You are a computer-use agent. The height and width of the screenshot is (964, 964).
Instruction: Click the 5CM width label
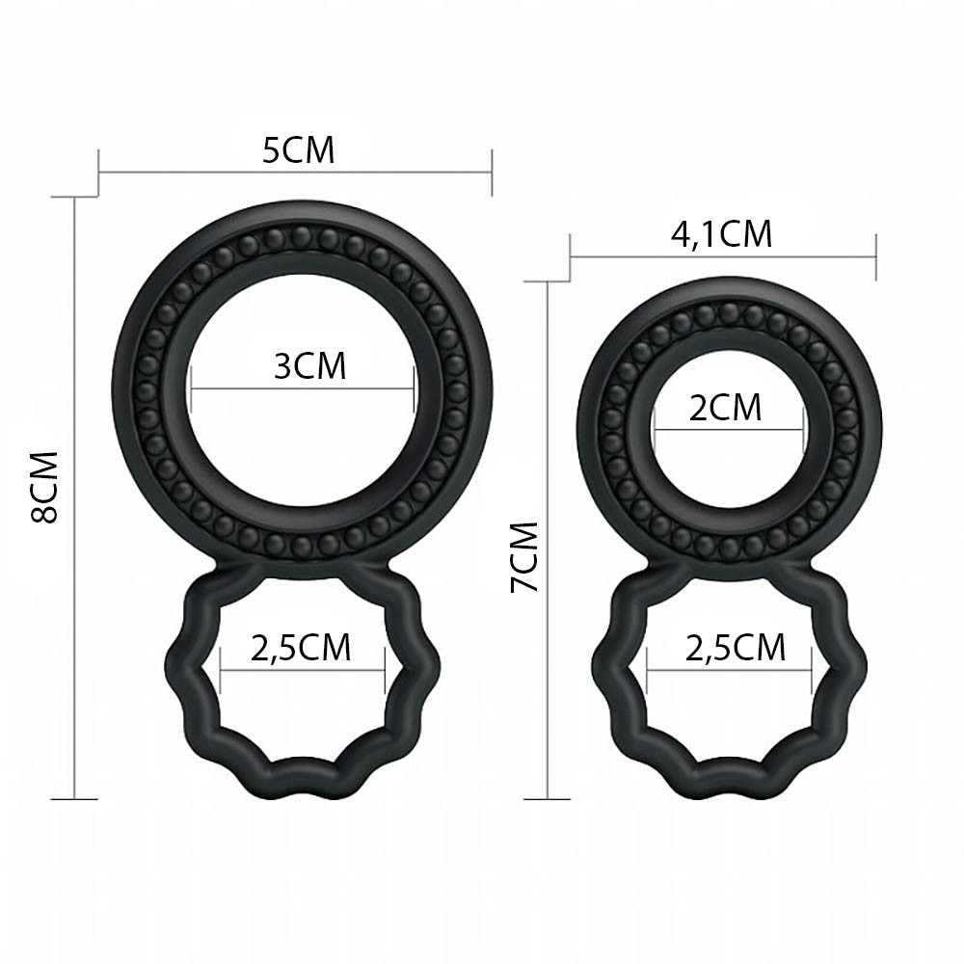coord(298,150)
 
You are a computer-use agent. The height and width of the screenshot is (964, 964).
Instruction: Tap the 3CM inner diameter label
coord(309,366)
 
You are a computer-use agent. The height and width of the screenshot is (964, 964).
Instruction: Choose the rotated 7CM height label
coord(525,557)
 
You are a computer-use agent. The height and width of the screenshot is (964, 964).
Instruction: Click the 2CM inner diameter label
coord(725,408)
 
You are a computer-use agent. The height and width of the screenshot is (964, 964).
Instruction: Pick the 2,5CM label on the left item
coord(301,648)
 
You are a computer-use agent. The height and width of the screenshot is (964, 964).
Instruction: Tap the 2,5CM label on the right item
coord(736,648)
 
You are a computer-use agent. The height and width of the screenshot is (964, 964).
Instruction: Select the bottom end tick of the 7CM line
coord(549,799)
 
